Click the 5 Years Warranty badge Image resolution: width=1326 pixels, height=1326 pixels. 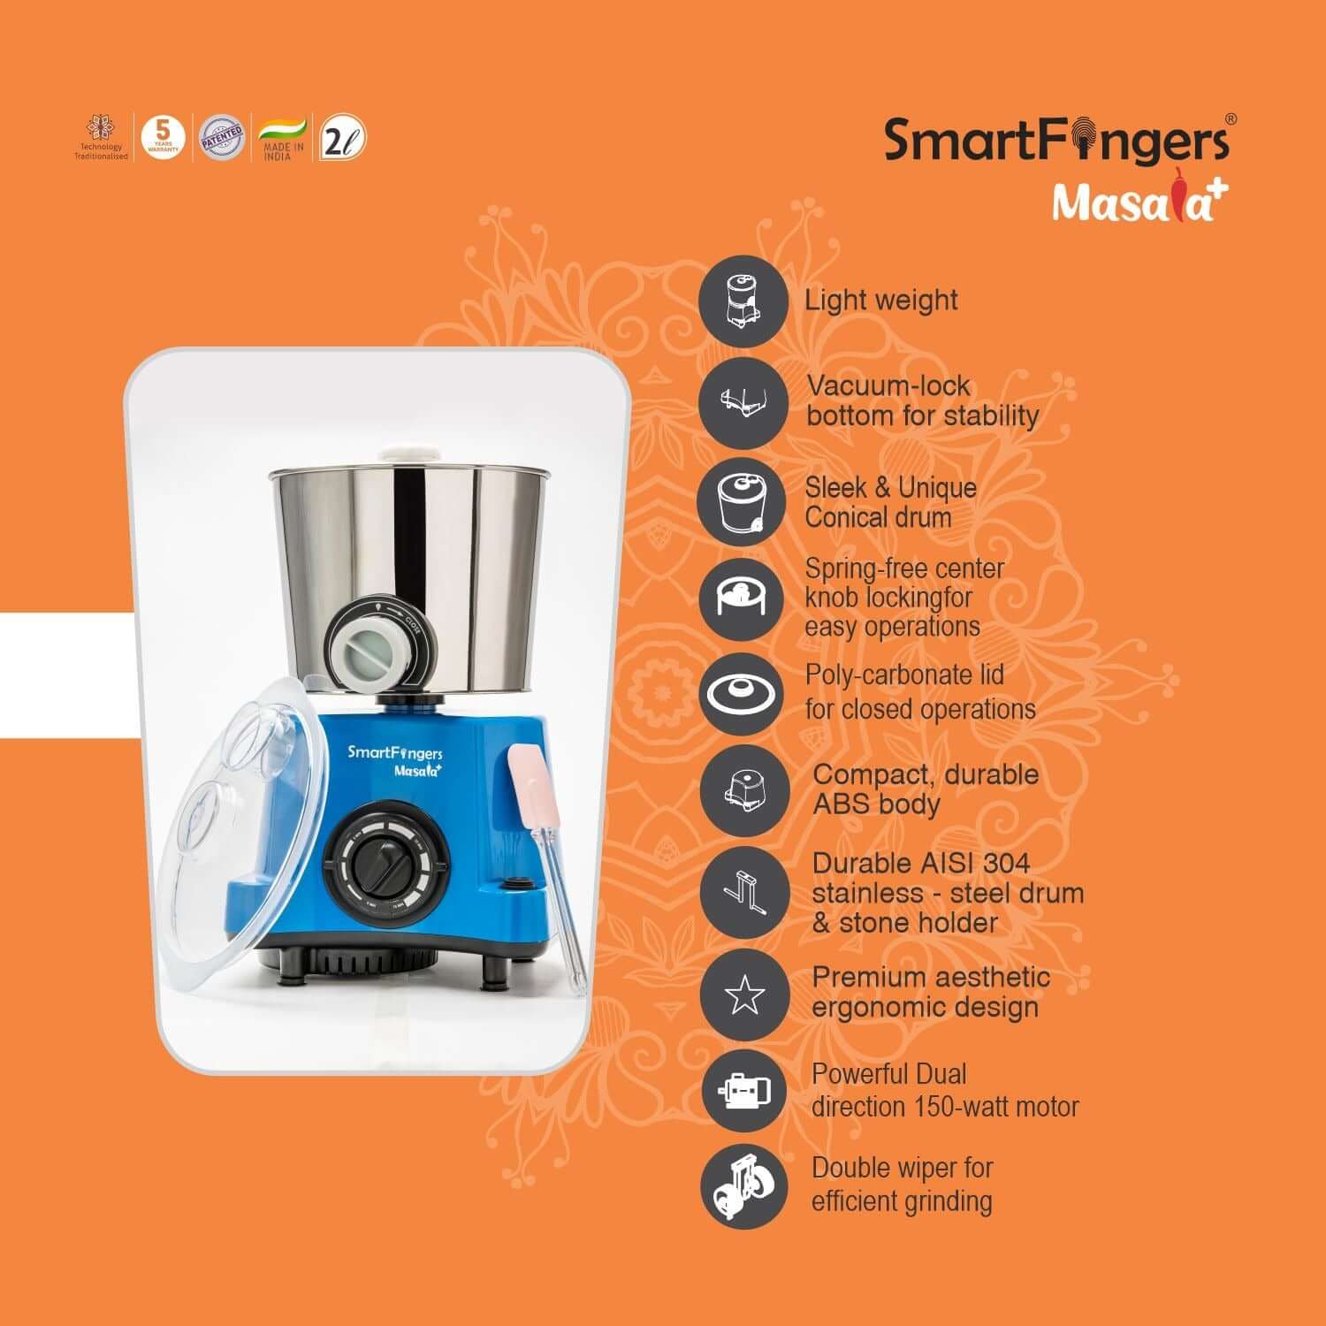[x=163, y=137]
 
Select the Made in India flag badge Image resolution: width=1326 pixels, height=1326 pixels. [x=282, y=138]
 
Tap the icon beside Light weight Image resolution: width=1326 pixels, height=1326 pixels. [x=743, y=301]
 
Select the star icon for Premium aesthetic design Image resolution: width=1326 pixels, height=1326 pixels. [x=743, y=995]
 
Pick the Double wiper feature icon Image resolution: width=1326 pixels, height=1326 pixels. [x=743, y=1185]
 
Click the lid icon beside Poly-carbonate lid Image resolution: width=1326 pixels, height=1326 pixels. [x=743, y=693]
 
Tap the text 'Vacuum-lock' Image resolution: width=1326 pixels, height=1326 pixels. [x=888, y=386]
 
